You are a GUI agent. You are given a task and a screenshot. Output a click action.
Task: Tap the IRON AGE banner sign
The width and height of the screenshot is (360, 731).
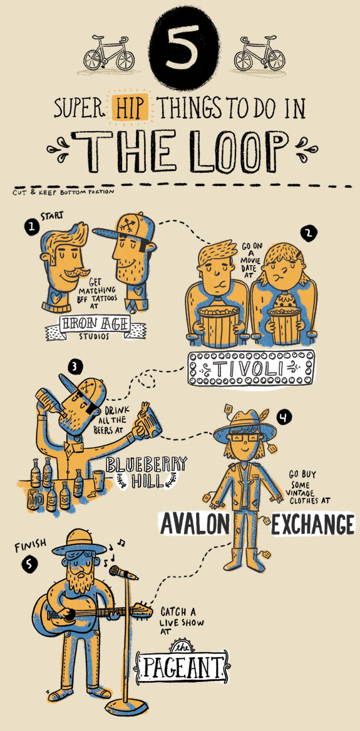[95, 324]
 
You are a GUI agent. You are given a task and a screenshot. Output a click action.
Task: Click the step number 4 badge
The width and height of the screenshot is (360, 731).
[283, 417]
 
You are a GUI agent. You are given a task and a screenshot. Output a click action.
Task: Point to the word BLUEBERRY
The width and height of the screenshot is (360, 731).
[146, 464]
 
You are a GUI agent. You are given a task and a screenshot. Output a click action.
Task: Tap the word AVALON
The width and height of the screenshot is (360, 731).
[195, 524]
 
